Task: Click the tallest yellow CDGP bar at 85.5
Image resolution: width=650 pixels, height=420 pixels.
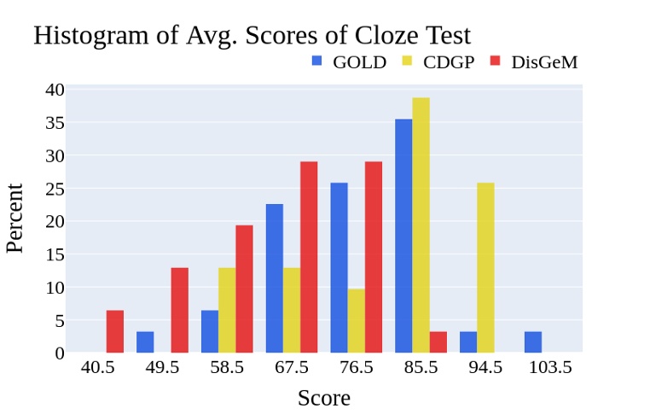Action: pyautogui.click(x=421, y=225)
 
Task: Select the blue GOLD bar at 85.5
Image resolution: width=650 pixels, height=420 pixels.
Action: pyautogui.click(x=403, y=236)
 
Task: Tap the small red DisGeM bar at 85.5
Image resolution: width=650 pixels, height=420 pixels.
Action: pyautogui.click(x=438, y=341)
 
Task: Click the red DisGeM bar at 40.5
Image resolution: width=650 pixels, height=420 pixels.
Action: pyautogui.click(x=115, y=331)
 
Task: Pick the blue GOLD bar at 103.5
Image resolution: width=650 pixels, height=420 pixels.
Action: pyautogui.click(x=533, y=341)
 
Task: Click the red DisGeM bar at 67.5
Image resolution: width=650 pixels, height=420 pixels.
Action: pyautogui.click(x=309, y=257)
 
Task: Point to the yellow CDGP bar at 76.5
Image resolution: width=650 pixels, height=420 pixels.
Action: pyautogui.click(x=357, y=320)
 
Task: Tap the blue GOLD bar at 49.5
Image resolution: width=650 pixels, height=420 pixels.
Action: pyautogui.click(x=145, y=341)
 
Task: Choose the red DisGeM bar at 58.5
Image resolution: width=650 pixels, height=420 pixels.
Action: pyautogui.click(x=244, y=289)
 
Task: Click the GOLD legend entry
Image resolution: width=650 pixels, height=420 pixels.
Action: pyautogui.click(x=349, y=61)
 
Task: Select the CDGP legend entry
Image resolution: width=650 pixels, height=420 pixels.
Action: pyautogui.click(x=438, y=61)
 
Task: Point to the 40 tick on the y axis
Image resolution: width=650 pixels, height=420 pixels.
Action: pyautogui.click(x=54, y=90)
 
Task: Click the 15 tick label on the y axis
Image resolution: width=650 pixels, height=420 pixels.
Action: pyautogui.click(x=54, y=254)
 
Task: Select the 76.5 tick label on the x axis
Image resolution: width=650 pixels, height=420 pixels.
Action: pyautogui.click(x=357, y=368)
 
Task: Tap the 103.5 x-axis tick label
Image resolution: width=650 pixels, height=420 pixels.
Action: pyautogui.click(x=550, y=368)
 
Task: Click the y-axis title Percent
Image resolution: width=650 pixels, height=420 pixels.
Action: pyautogui.click(x=15, y=219)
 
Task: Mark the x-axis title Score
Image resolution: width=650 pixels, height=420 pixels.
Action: pyautogui.click(x=323, y=398)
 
